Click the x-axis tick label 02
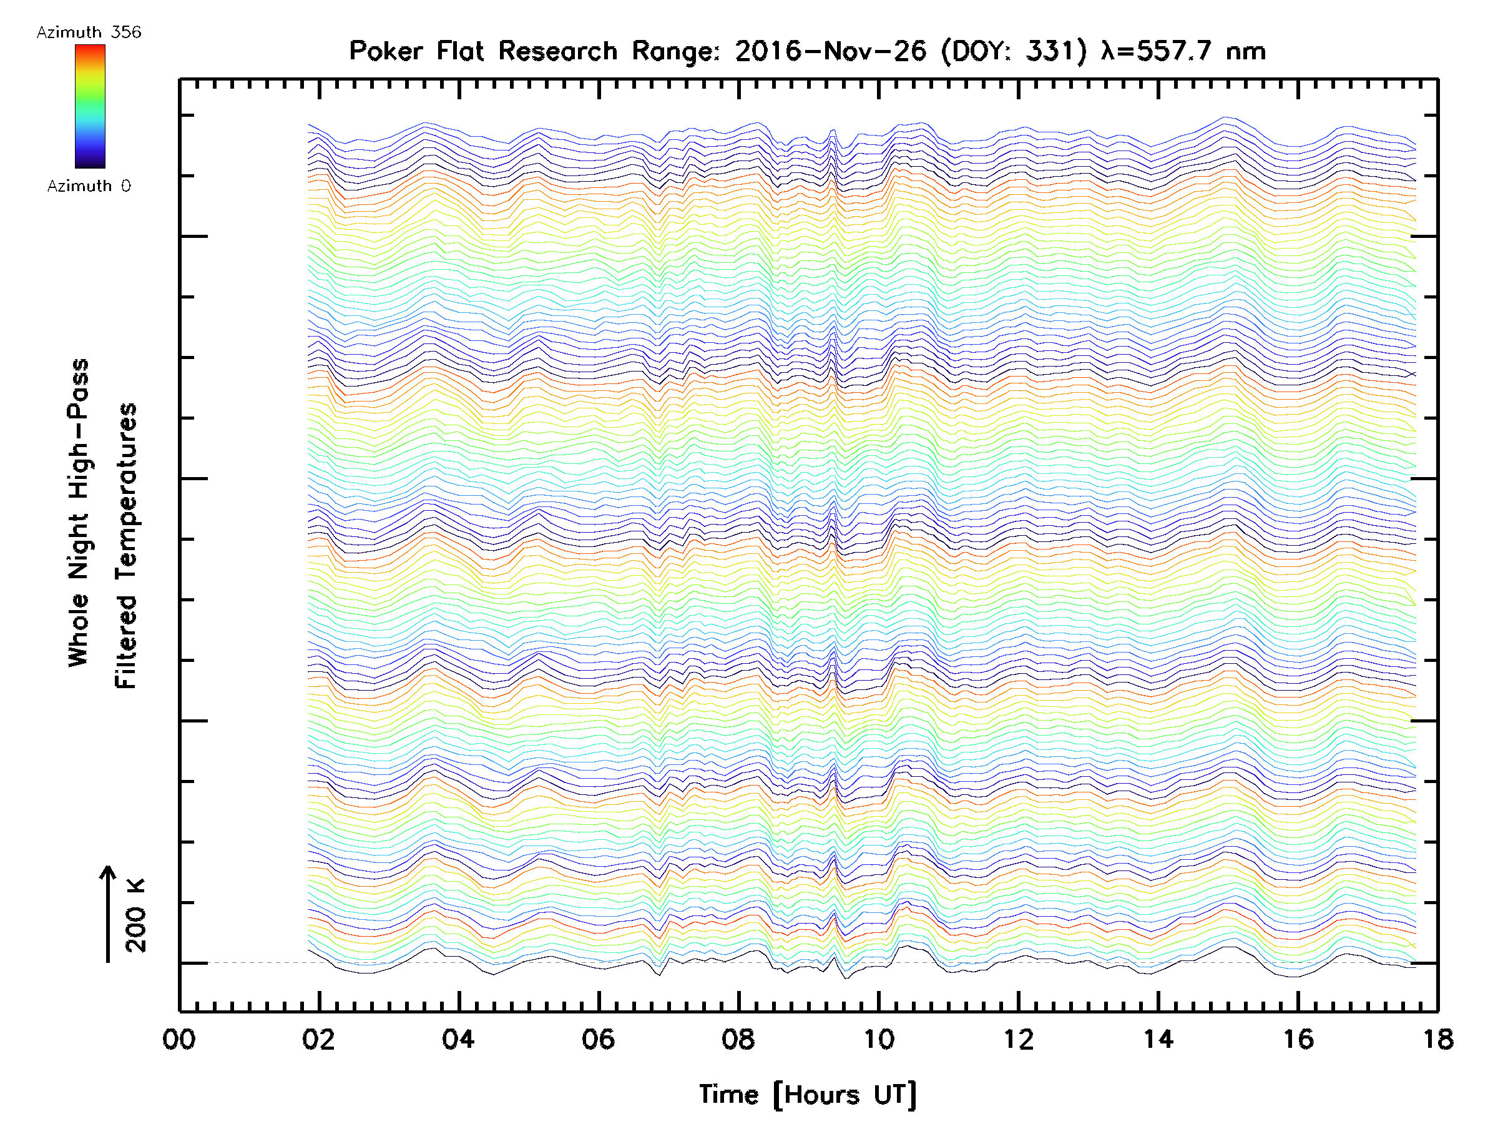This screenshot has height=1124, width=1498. pos(319,1038)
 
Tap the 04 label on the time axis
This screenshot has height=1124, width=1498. pos(459,1038)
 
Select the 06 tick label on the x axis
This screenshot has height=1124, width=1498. pos(599,1038)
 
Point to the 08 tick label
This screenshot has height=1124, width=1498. pos(738,1038)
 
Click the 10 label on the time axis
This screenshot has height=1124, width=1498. pos(878,1038)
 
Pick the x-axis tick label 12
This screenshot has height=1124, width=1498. pos(1019,1038)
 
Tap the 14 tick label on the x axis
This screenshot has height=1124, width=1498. pos(1158,1038)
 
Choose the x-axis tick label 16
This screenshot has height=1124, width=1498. pos(1298,1038)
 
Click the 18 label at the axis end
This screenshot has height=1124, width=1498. pos(1437,1038)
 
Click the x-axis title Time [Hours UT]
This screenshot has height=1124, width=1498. pos(808,1095)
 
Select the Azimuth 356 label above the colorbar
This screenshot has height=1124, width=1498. pos(89,32)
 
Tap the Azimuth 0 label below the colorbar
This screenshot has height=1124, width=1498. pos(89,185)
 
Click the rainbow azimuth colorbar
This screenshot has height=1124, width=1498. pos(90,106)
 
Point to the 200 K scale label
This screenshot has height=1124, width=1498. pos(136,915)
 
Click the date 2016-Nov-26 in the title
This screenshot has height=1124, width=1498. pos(830,51)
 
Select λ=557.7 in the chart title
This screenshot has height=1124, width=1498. pos(1155,51)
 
